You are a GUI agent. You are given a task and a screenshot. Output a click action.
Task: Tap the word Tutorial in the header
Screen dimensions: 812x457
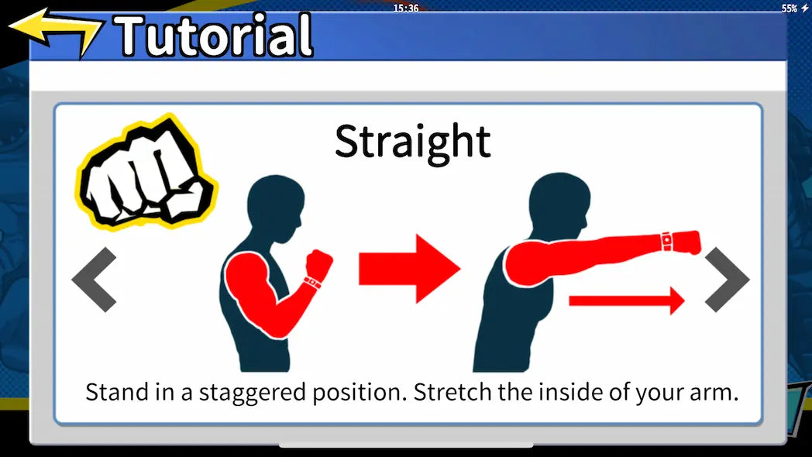[x=214, y=35]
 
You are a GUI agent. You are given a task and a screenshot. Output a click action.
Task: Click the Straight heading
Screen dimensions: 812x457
[x=413, y=141]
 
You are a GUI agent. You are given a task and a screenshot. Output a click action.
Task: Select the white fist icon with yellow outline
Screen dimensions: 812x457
[x=146, y=173]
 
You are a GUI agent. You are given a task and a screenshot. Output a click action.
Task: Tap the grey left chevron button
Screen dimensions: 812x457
[x=94, y=280]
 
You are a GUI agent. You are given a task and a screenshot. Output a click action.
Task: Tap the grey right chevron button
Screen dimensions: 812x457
[x=727, y=280]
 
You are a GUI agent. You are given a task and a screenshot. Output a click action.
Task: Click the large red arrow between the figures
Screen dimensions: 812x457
[x=410, y=269]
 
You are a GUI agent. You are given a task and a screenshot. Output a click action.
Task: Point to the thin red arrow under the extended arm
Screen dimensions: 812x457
[x=627, y=301]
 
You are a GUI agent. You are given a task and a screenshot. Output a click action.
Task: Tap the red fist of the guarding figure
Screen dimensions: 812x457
[x=319, y=264]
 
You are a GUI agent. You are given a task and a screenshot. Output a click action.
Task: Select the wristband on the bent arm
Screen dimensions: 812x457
[x=312, y=283]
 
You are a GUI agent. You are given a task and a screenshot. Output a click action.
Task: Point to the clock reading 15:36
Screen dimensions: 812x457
[x=405, y=9]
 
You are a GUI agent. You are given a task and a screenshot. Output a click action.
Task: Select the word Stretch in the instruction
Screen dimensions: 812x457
[x=453, y=392]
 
